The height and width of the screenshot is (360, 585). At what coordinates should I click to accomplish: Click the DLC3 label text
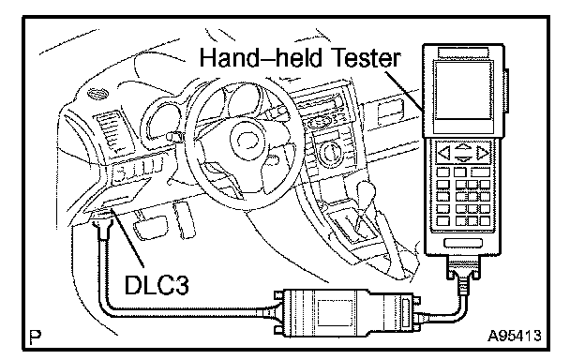[x=157, y=285]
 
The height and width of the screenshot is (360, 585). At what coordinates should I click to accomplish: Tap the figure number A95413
[x=514, y=336]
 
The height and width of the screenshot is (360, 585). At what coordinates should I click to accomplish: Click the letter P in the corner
[x=36, y=337]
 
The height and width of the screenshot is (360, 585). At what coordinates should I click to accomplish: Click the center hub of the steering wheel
[x=245, y=140]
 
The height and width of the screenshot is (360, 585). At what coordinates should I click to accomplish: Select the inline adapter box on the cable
[x=347, y=312]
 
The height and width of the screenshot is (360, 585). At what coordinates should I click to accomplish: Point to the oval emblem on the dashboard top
[x=97, y=93]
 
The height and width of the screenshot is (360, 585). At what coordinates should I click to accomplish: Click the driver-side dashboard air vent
[x=110, y=133]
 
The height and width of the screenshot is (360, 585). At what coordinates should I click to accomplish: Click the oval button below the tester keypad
[x=462, y=243]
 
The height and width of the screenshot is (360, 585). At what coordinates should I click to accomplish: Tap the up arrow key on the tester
[x=463, y=146]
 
